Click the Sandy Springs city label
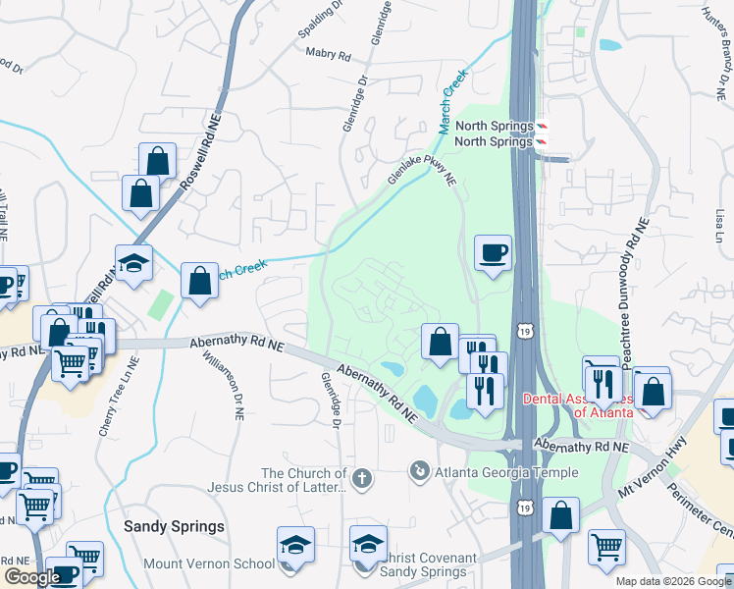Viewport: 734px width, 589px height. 174,526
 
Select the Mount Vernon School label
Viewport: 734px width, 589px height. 209,563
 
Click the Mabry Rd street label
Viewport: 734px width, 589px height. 328,55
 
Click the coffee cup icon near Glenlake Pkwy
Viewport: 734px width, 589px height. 493,253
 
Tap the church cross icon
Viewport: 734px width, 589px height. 362,478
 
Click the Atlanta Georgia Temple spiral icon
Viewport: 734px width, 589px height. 420,472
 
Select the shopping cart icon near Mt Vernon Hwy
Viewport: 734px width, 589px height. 606,545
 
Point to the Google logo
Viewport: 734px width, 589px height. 31,577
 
